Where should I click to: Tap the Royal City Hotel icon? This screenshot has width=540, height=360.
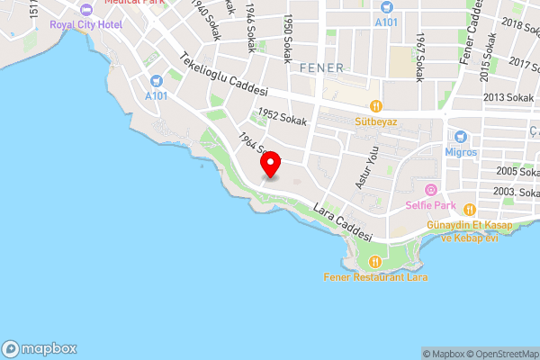[86, 10]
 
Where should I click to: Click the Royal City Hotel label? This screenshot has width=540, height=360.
[86, 24]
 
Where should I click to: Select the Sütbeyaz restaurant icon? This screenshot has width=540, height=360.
[375, 105]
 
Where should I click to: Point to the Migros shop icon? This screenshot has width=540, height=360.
[461, 137]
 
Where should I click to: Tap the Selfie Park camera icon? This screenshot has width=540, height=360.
[430, 190]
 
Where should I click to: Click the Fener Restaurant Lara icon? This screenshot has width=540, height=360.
[375, 262]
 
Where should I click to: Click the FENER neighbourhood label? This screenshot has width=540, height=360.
[321, 67]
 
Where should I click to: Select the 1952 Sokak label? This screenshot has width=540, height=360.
[282, 115]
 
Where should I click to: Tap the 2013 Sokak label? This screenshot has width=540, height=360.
[508, 97]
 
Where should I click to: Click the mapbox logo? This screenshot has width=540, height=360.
[40, 348]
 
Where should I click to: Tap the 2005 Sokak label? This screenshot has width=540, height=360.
[514, 171]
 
